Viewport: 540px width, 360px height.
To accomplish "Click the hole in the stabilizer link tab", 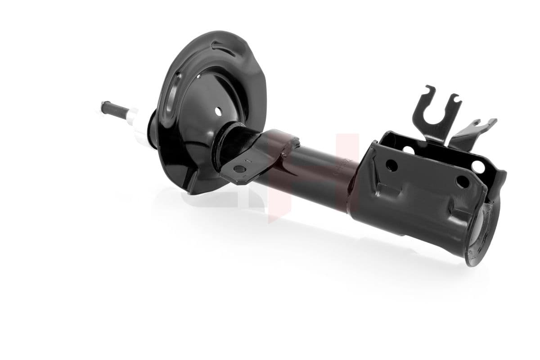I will tap(239, 169).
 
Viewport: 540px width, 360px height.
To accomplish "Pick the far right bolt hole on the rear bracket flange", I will tap(478, 166).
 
